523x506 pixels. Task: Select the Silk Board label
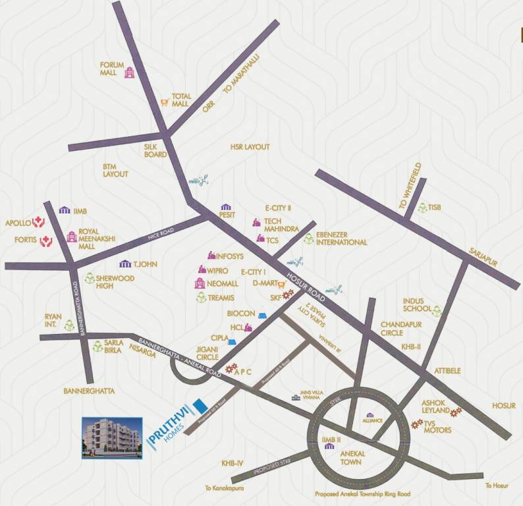155,151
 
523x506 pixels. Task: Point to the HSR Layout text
250,148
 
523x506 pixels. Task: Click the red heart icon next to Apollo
38,222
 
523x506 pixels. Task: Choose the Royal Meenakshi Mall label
97,240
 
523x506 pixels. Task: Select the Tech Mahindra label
281,224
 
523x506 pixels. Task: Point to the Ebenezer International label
341,238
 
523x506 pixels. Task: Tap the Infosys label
230,256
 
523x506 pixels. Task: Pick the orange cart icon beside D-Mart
281,285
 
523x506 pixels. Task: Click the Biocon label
241,314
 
